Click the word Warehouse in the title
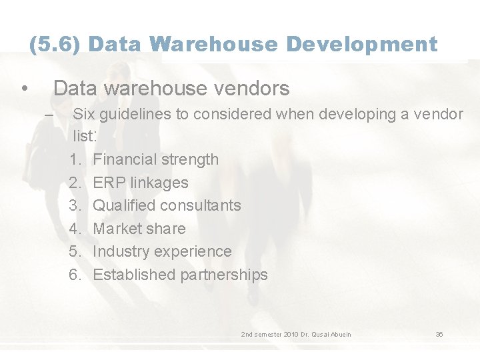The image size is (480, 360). pos(213,45)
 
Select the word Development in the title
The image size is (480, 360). pos(362,45)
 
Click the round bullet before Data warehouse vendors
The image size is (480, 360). pos(24,89)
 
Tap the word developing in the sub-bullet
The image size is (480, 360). pos(355,114)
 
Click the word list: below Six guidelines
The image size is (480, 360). pos(85,137)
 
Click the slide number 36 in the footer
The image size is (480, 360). pos(439,334)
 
